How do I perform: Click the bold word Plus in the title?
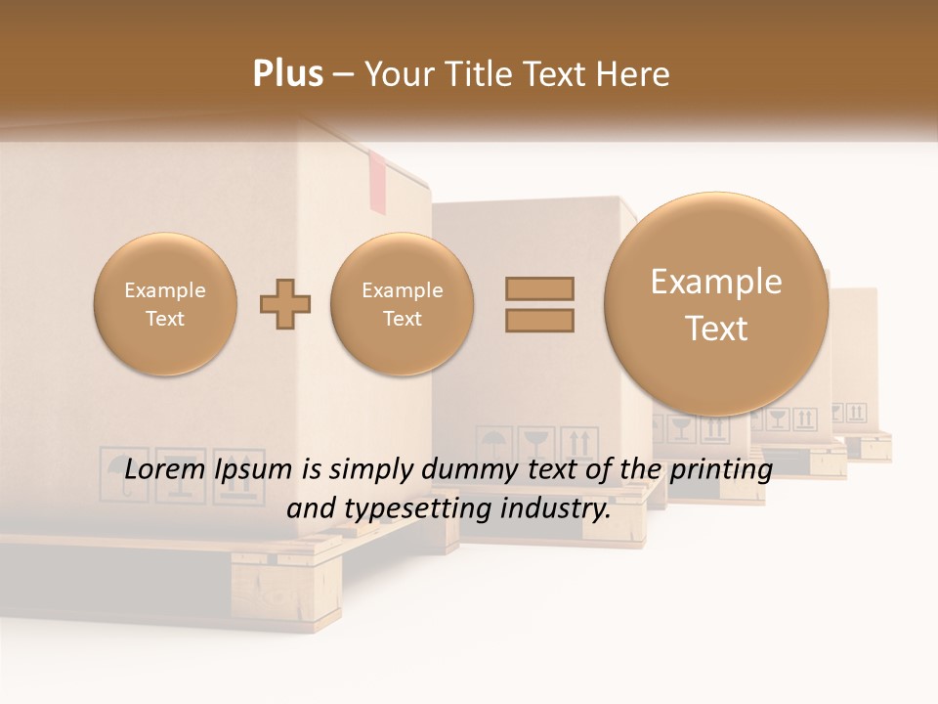288,74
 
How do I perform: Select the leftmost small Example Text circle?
165,304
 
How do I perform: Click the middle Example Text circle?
402,304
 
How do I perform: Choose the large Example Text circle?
716,304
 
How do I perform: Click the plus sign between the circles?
285,304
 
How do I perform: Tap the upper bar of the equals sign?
539,288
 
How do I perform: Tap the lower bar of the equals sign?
539,320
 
